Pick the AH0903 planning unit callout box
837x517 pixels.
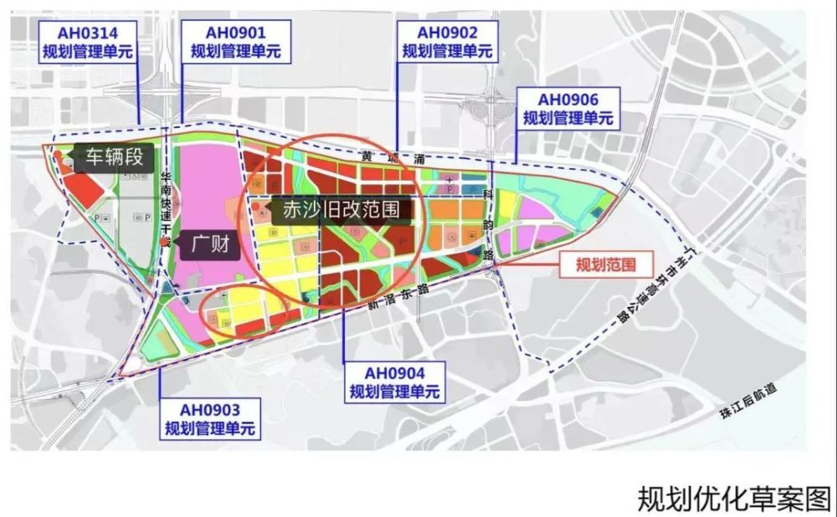point(210,419)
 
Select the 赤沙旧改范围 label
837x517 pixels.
point(343,209)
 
